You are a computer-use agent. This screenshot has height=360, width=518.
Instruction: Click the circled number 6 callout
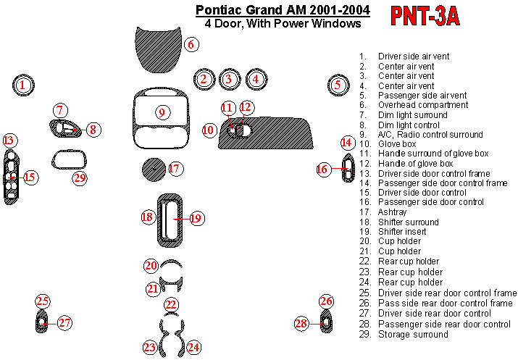tap(191, 44)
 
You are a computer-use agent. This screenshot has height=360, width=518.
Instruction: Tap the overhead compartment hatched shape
tap(158, 49)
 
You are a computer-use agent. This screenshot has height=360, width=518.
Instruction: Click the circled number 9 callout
tap(162, 112)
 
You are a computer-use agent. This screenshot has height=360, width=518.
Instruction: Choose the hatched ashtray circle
tap(154, 169)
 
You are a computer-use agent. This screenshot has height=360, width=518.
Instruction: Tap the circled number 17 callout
tap(175, 169)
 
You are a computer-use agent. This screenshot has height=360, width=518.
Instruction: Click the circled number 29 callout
tap(80, 178)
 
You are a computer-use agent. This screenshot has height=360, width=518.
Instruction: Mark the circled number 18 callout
tap(147, 217)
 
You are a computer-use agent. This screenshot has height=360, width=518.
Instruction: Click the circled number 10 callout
tap(209, 130)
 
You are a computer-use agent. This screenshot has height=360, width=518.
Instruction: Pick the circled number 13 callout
tap(9, 141)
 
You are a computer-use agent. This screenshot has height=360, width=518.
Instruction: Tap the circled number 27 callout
tap(64, 322)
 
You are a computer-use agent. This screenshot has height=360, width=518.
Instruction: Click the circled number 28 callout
tap(301, 323)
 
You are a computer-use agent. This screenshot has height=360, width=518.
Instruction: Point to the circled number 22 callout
tap(171, 304)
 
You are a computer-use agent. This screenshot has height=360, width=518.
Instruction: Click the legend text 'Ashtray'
tap(392, 212)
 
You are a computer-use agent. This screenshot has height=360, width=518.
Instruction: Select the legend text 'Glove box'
tap(397, 144)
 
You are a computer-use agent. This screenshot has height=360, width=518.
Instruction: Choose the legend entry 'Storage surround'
tap(413, 334)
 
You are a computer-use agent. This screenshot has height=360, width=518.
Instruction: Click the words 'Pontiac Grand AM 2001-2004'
tap(283, 10)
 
